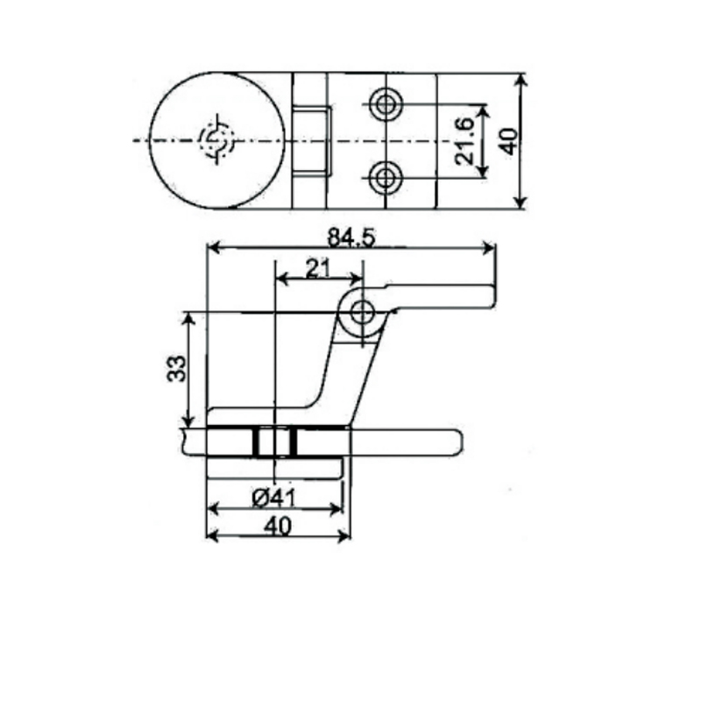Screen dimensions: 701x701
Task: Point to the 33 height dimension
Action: click(176, 368)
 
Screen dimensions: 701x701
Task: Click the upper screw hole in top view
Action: click(384, 104)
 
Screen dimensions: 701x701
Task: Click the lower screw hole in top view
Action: click(384, 179)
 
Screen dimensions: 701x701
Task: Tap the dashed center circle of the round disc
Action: click(216, 141)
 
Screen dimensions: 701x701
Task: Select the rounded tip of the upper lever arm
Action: click(491, 295)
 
